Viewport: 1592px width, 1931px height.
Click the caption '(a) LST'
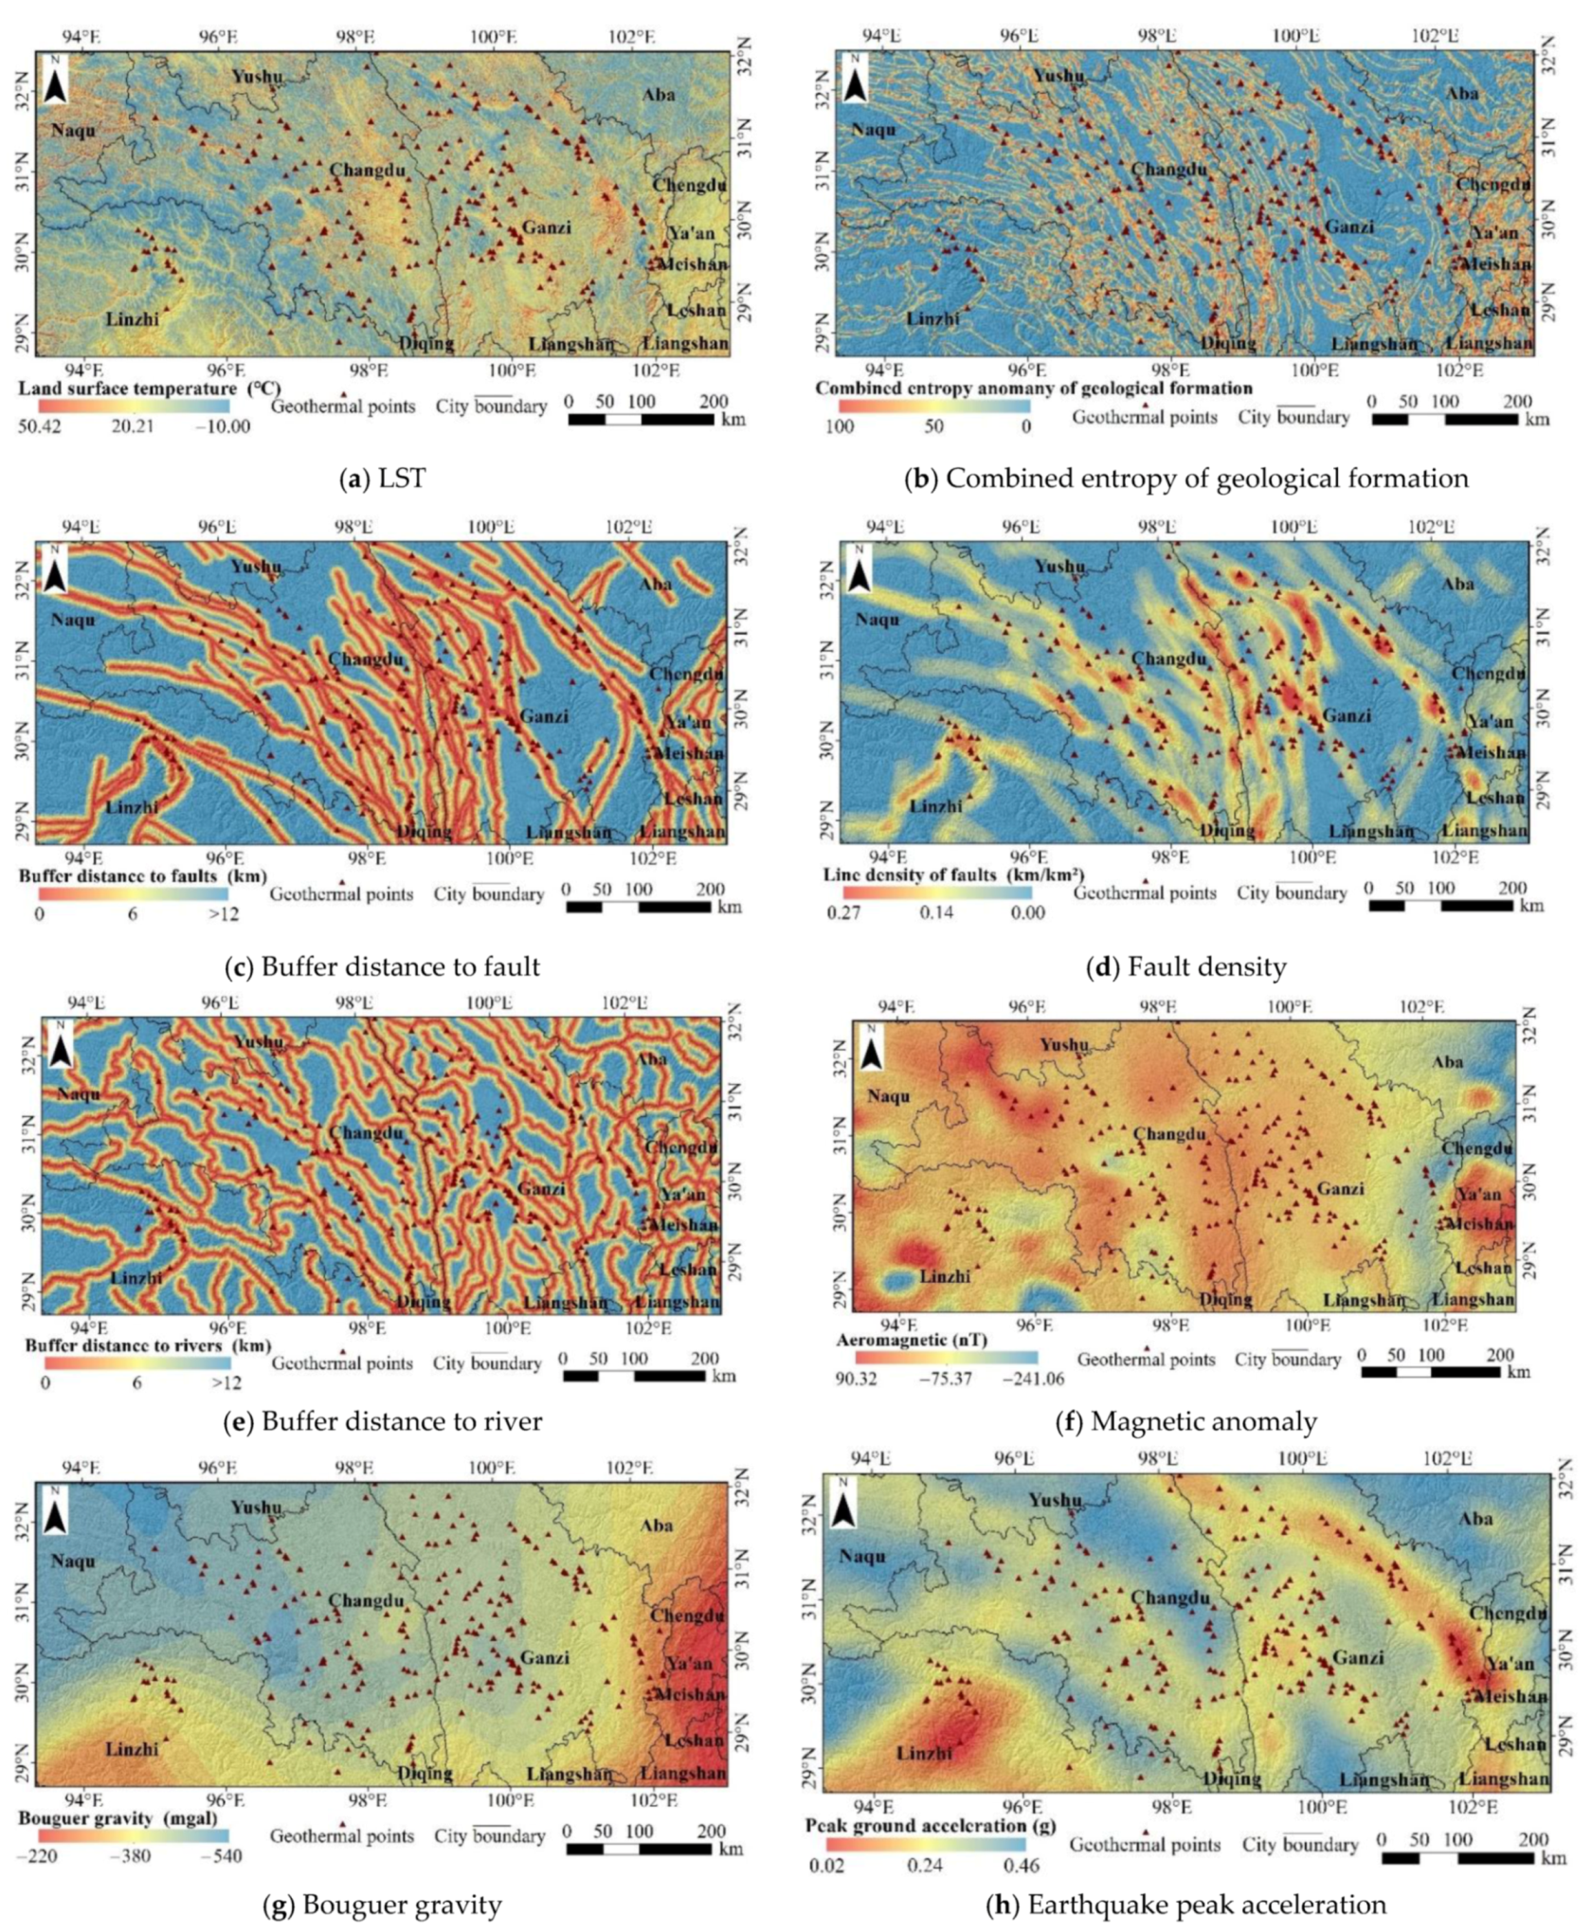coord(382,478)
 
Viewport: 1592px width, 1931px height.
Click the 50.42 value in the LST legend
coord(40,426)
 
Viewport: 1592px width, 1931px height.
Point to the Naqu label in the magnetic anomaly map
coord(888,1096)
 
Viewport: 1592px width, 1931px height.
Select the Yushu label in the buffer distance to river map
coord(258,1042)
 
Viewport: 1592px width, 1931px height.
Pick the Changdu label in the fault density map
coord(1168,659)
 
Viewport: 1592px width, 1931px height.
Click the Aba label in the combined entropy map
coord(1462,94)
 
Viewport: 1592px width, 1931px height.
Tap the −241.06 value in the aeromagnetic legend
coord(1033,1379)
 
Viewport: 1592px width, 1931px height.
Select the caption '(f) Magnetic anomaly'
coord(1185,1421)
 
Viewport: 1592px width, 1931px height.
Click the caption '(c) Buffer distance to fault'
coord(382,966)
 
